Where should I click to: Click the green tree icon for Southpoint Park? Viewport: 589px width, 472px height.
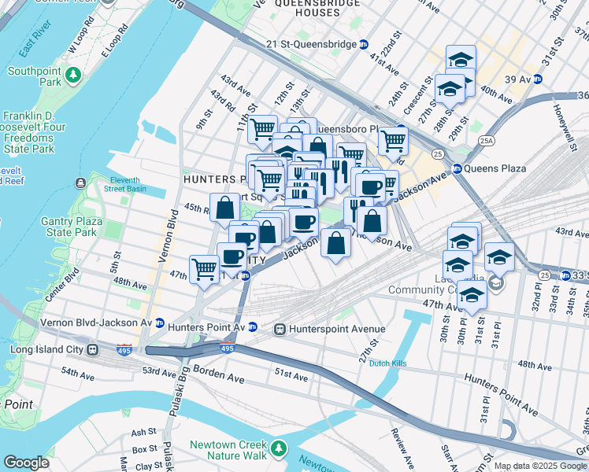[73, 75]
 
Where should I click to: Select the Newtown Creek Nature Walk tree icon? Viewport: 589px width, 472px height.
[278, 448]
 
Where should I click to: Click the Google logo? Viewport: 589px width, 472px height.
[26, 463]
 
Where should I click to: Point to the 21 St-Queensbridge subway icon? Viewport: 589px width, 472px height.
[363, 45]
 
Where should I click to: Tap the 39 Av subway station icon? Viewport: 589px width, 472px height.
[538, 79]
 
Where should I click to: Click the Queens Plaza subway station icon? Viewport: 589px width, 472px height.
[457, 168]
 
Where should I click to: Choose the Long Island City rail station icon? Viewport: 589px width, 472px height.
[92, 349]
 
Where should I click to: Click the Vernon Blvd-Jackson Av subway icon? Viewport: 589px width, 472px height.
[160, 323]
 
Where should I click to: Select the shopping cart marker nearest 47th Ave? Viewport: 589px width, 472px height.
[205, 269]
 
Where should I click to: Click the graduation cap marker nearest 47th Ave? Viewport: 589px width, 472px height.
[472, 296]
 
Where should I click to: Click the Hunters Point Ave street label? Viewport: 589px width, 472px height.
[501, 395]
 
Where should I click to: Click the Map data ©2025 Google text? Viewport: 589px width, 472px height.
[539, 466]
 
